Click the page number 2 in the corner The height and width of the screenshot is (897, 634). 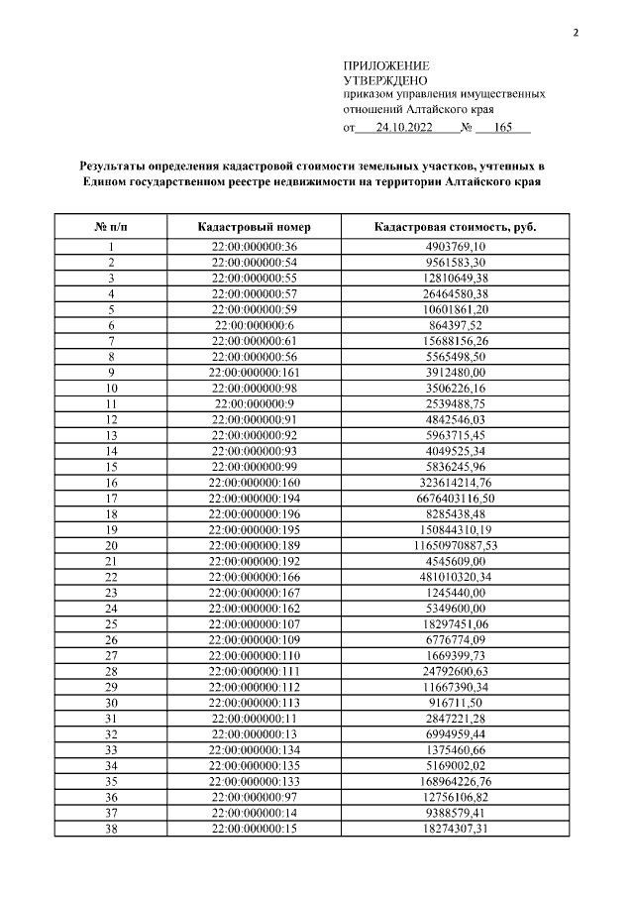point(575,33)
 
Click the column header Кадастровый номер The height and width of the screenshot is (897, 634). point(255,227)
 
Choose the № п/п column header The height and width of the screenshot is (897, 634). point(112,227)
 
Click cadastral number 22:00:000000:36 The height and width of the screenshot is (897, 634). point(255,247)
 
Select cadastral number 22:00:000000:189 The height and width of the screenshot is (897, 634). point(255,546)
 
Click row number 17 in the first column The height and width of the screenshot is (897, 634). point(112,499)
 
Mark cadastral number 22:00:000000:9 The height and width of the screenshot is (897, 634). point(255,404)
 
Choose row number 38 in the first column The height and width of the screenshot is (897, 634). point(112,829)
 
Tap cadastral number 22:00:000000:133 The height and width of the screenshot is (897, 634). point(255,782)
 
